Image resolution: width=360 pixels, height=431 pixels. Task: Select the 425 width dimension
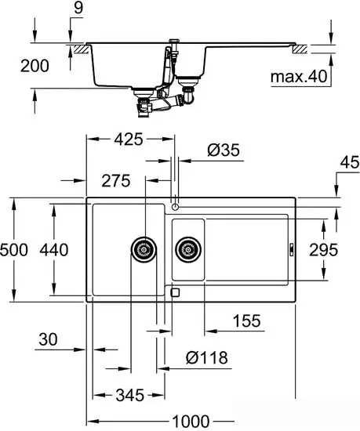tap(127, 140)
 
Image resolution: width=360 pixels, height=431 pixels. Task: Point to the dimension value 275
tap(115, 181)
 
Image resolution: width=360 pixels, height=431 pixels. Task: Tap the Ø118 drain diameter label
tap(207, 358)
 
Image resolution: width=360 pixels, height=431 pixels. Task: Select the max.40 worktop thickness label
tap(297, 77)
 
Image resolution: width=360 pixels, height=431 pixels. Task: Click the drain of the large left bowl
tap(143, 249)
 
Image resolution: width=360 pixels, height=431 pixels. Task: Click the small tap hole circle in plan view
tap(175, 207)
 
